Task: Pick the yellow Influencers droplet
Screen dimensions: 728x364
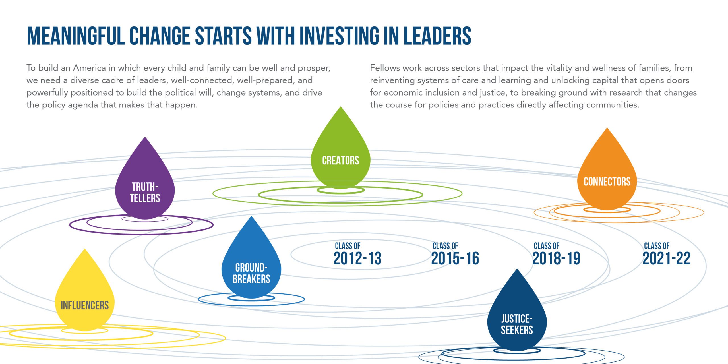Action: click(x=85, y=296)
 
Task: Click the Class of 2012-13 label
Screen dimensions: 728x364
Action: click(x=357, y=254)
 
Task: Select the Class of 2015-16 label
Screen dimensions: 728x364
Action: click(x=455, y=254)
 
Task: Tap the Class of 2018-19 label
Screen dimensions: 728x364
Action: click(x=556, y=254)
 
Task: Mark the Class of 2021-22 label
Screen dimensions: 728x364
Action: click(x=666, y=254)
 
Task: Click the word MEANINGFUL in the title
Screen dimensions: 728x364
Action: click(x=76, y=36)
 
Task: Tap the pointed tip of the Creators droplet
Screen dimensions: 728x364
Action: click(x=341, y=107)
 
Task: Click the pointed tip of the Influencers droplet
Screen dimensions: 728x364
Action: click(x=85, y=249)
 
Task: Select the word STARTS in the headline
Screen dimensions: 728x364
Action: click(x=223, y=36)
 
